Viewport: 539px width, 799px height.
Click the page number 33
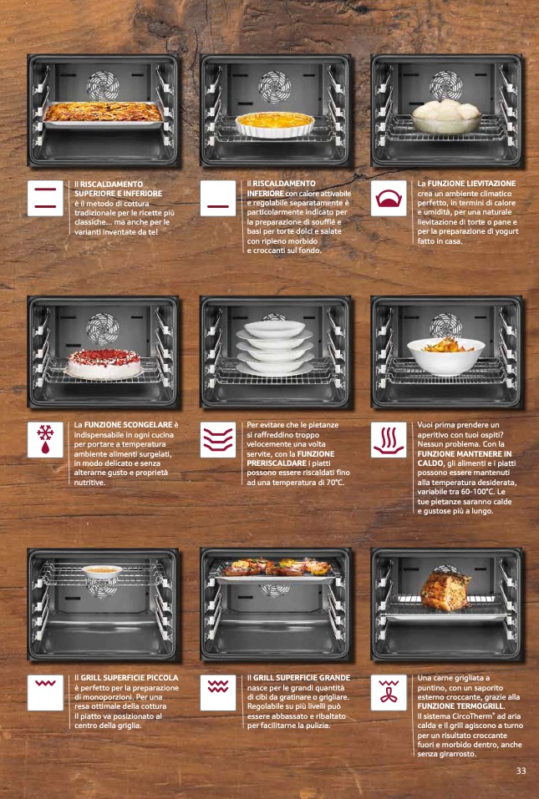(x=521, y=771)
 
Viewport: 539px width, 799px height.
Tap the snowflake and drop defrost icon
(x=45, y=440)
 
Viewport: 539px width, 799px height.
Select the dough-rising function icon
(x=389, y=198)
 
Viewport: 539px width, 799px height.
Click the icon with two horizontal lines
(x=45, y=198)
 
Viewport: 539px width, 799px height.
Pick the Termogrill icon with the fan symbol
(x=389, y=692)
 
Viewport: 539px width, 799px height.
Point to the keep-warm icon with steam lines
(x=389, y=440)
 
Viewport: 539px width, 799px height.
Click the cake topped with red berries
(x=104, y=363)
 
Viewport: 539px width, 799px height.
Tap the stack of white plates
(x=274, y=347)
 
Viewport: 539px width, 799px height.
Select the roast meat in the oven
(x=445, y=590)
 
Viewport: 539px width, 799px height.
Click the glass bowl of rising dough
(x=446, y=117)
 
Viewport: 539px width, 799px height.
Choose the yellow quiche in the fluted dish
(x=275, y=124)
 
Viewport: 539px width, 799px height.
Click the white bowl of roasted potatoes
(x=446, y=355)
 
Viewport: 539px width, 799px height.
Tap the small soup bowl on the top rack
(x=102, y=572)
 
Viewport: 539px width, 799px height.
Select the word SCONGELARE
(x=147, y=424)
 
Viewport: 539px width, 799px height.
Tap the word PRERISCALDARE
(x=276, y=463)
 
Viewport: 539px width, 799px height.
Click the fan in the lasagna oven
(x=103, y=85)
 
